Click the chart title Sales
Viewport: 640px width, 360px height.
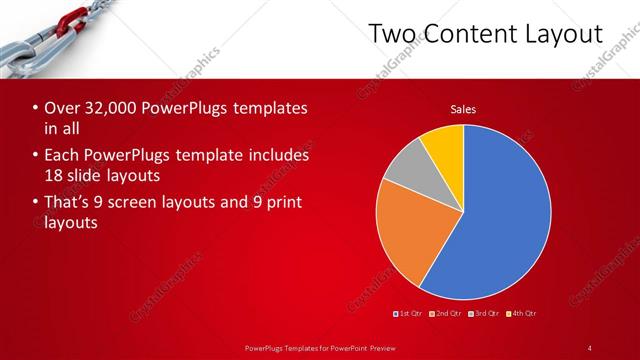point(463,109)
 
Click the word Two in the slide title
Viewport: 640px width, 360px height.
point(391,34)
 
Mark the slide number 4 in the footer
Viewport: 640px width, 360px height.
point(590,347)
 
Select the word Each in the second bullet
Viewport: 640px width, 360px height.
point(62,155)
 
